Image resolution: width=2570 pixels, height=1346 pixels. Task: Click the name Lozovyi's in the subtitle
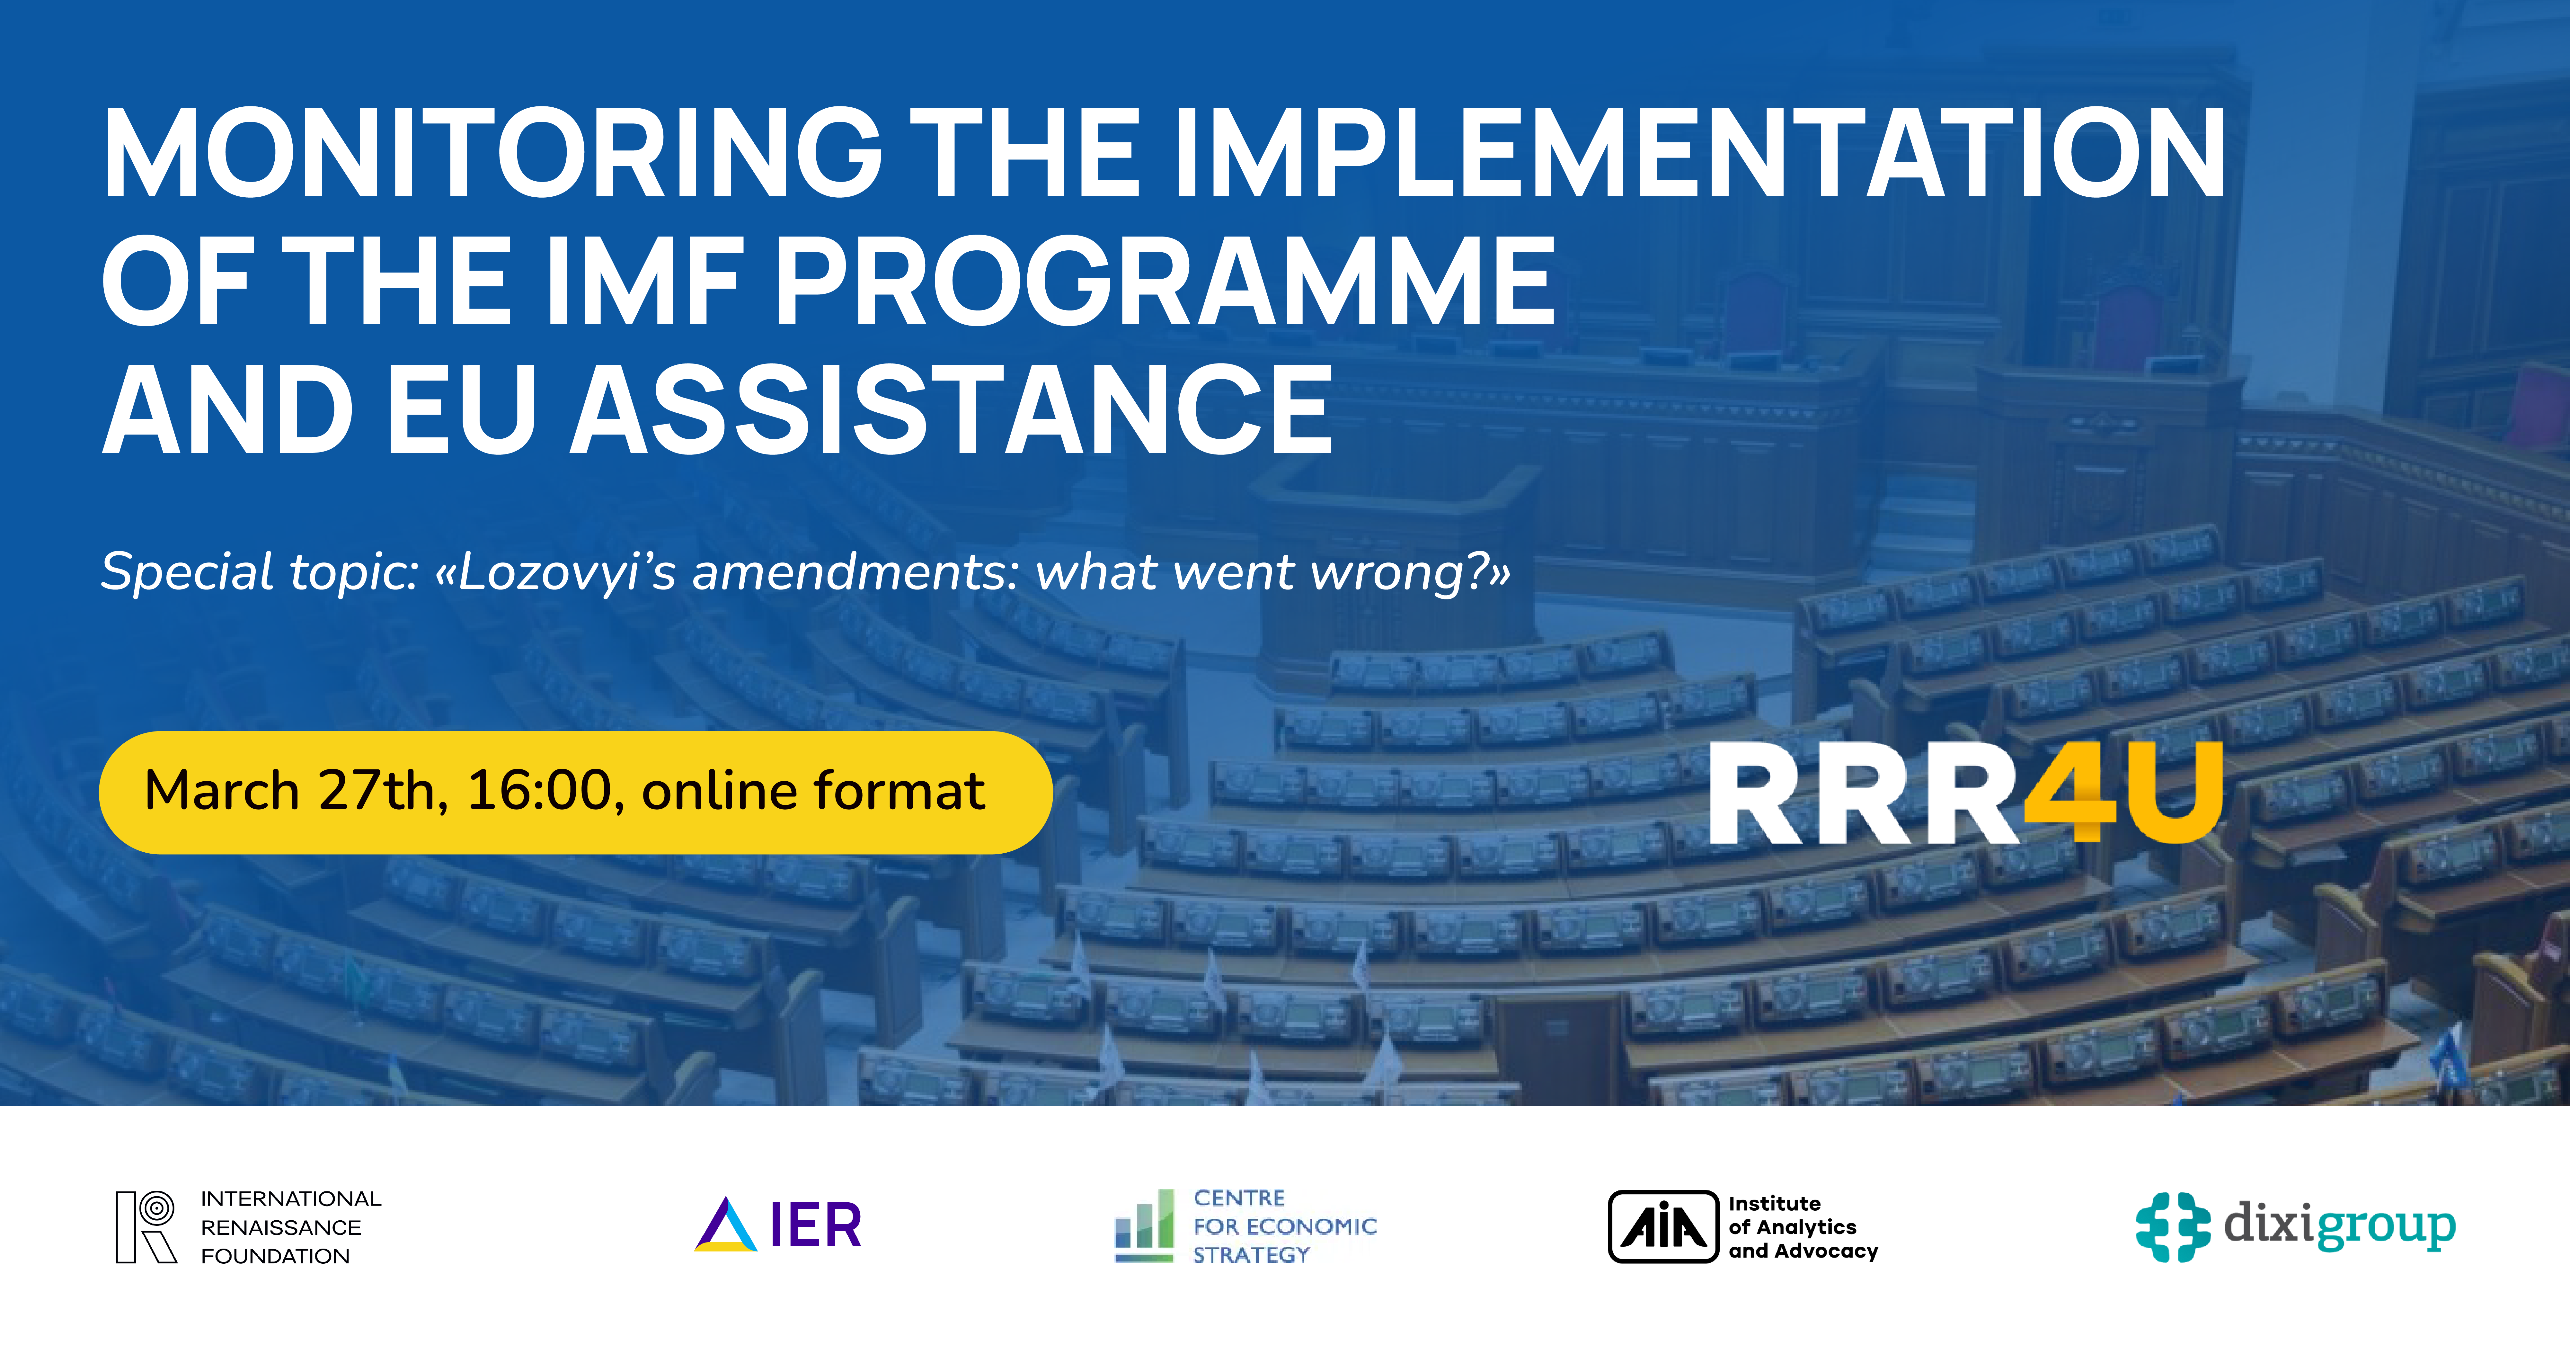[567, 573]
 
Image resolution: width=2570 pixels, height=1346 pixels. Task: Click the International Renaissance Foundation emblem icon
[146, 1226]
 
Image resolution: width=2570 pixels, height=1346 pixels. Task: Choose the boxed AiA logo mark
[1663, 1226]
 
